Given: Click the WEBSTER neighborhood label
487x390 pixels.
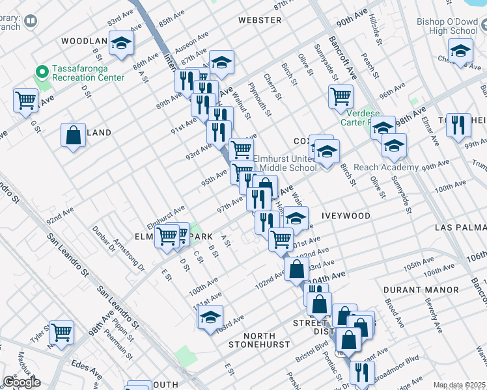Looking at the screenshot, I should (260, 20).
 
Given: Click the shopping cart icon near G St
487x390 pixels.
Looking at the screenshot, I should (25, 101).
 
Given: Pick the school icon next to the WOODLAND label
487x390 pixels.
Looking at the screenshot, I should (120, 44).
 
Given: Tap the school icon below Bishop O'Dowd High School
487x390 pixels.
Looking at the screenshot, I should (460, 51).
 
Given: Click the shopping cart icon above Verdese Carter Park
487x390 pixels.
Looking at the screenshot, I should (341, 96).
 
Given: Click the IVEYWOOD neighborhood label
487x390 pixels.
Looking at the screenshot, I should (346, 216).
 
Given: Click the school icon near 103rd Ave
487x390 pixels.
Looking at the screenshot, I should (210, 318).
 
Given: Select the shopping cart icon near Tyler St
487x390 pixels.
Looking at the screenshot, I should (62, 332).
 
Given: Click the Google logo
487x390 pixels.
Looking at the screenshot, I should (21, 382).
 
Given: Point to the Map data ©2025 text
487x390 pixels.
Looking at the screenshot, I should (459, 385).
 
